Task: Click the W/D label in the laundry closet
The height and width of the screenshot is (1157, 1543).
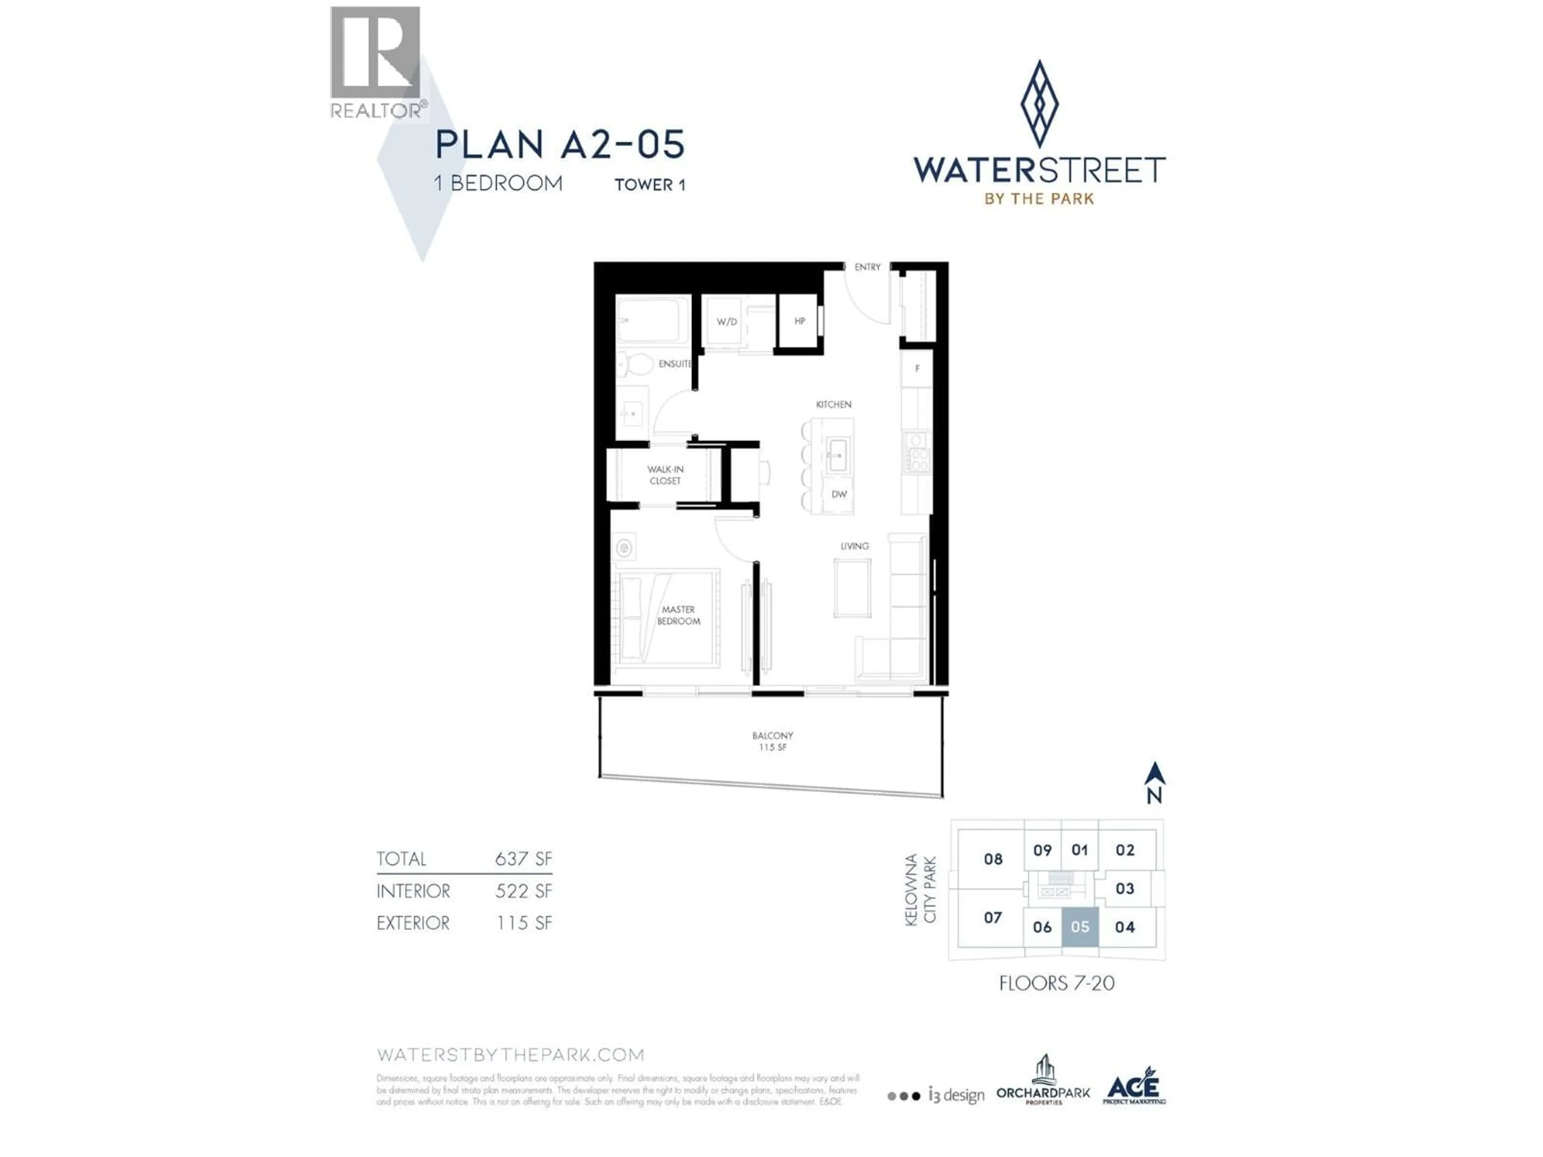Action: click(x=726, y=321)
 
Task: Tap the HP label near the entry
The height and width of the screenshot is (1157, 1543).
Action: click(x=799, y=321)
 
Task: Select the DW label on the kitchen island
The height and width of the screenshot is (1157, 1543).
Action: click(x=839, y=494)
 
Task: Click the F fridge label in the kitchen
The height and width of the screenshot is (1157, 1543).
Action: click(x=917, y=368)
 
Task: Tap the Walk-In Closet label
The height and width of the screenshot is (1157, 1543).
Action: click(x=665, y=475)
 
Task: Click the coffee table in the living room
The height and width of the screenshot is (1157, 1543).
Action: click(x=852, y=588)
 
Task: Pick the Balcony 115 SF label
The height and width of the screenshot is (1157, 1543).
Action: click(x=772, y=741)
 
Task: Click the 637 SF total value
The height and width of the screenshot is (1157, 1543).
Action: click(x=523, y=859)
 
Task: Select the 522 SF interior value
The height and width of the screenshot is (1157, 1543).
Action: click(x=523, y=891)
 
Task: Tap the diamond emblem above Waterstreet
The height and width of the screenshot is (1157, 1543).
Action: click(x=1039, y=103)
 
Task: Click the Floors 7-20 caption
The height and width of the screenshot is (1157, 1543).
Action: click(x=1056, y=983)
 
